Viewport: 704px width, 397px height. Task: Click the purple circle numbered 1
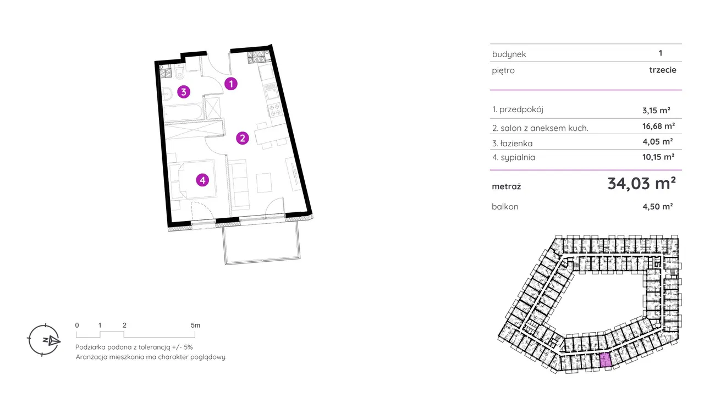[x=232, y=84]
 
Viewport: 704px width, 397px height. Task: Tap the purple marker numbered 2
[x=243, y=138]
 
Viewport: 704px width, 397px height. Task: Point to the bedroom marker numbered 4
[x=203, y=179]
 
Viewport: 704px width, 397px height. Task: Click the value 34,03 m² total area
[x=641, y=184]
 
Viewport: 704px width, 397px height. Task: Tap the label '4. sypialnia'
[x=514, y=157]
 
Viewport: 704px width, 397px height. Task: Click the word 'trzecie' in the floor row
[x=662, y=70]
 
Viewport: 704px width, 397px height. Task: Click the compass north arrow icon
[x=44, y=340]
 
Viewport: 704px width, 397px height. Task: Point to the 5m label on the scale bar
[x=195, y=326]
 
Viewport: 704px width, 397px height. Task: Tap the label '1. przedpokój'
[x=518, y=109]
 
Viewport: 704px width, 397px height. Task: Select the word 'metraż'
[x=507, y=186]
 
